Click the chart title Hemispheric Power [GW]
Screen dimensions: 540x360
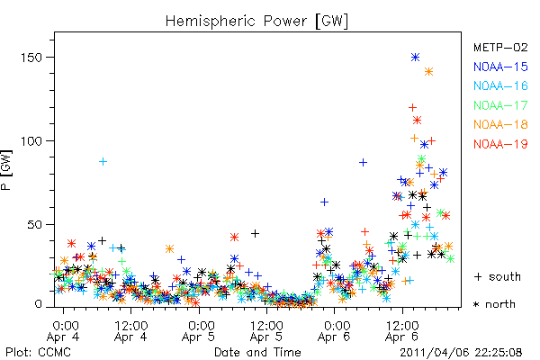click(256, 22)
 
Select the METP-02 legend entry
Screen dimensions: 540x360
click(500, 47)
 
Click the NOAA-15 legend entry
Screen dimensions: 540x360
click(500, 67)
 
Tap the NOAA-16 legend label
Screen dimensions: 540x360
click(500, 85)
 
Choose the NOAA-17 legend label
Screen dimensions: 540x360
click(500, 105)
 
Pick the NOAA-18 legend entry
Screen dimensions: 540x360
click(500, 124)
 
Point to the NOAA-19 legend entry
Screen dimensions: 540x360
click(500, 144)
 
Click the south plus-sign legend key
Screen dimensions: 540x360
click(478, 276)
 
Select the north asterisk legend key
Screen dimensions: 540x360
click(476, 304)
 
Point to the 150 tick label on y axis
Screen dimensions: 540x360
click(31, 58)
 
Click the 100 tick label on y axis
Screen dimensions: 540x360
click(31, 141)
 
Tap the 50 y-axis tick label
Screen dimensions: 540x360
click(35, 225)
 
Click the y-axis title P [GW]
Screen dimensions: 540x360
click(6, 170)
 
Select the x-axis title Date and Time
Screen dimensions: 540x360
click(257, 352)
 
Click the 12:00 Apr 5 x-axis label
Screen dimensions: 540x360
click(266, 331)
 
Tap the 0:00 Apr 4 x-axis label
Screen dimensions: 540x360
click(63, 331)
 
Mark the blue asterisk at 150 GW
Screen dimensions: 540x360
click(415, 58)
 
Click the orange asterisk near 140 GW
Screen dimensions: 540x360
click(428, 72)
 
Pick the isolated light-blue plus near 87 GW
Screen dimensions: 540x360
click(103, 162)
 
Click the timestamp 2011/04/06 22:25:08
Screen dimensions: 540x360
click(461, 353)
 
